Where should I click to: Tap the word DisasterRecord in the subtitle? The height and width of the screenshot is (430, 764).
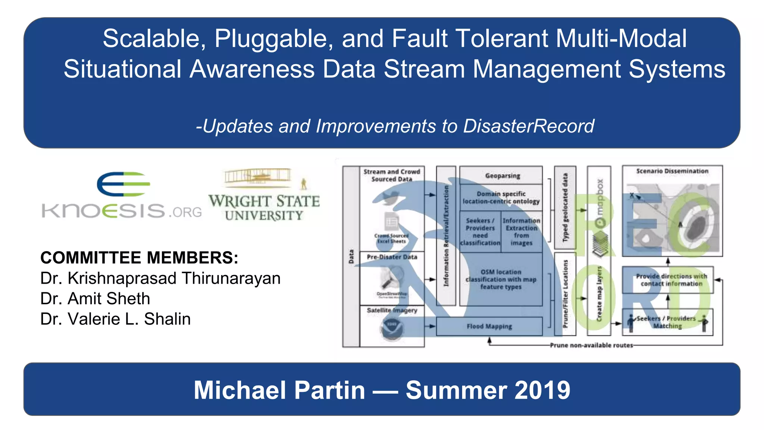(x=529, y=126)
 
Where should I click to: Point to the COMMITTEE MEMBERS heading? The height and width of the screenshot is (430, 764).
(x=139, y=258)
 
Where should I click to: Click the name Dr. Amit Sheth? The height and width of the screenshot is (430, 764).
(x=95, y=299)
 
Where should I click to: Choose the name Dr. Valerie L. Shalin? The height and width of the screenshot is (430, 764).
(x=115, y=319)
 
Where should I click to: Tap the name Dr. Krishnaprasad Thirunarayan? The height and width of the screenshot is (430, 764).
(x=160, y=278)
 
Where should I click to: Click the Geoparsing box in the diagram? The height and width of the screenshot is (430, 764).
(x=502, y=175)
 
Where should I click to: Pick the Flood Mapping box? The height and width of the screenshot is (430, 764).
(x=489, y=327)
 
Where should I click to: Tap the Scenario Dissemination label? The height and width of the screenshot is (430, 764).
(x=672, y=171)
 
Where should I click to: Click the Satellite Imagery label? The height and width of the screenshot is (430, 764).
(x=392, y=310)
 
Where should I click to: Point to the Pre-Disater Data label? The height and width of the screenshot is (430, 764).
(x=392, y=257)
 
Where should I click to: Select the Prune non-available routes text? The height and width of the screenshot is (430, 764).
(x=591, y=345)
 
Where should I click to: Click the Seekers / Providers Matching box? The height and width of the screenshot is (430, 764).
(x=667, y=322)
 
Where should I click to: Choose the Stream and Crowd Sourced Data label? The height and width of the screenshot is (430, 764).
(x=392, y=175)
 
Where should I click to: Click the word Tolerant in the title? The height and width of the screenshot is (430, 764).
(x=502, y=39)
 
